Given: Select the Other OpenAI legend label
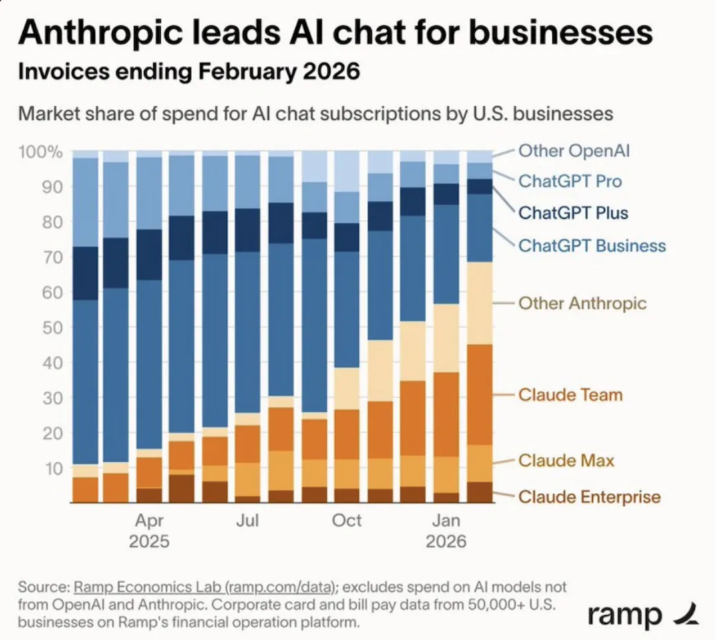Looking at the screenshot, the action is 574,150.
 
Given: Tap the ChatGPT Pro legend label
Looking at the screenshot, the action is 570,181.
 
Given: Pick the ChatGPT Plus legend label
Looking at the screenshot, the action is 574,212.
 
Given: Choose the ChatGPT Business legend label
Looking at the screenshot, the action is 592,246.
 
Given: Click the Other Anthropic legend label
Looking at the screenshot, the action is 582,303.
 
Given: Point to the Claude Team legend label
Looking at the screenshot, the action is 570,395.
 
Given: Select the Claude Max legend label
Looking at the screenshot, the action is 566,460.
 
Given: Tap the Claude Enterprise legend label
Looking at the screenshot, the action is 589,497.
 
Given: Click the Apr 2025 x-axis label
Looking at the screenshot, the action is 149,530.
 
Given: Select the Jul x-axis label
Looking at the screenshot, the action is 247,520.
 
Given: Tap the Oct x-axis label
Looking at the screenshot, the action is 346,520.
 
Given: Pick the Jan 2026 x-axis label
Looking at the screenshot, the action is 446,530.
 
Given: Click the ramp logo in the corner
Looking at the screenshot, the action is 634,613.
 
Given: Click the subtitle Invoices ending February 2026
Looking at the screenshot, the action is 188,71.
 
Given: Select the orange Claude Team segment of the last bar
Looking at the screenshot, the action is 480,394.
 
